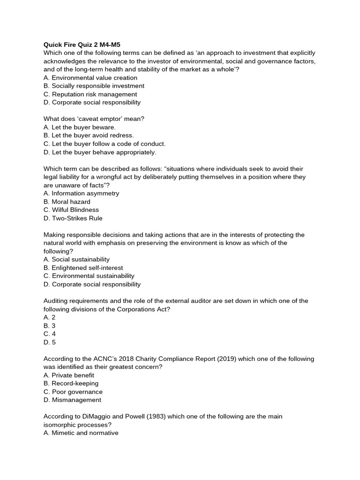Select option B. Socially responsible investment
94,86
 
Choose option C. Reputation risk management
90,94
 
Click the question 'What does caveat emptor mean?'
94,119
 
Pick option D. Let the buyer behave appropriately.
100,152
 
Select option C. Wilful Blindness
71,210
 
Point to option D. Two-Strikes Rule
73,218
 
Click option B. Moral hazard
67,202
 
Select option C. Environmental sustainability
89,276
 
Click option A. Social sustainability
76,259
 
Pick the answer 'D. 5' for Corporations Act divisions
50,342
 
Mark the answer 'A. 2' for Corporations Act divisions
50,317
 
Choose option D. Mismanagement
72,400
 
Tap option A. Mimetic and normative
81,433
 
